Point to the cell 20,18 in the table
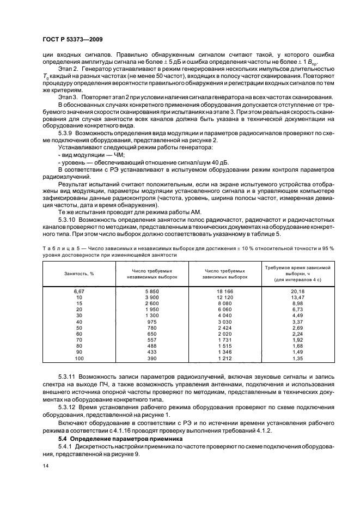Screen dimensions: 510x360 pos(297,292)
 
